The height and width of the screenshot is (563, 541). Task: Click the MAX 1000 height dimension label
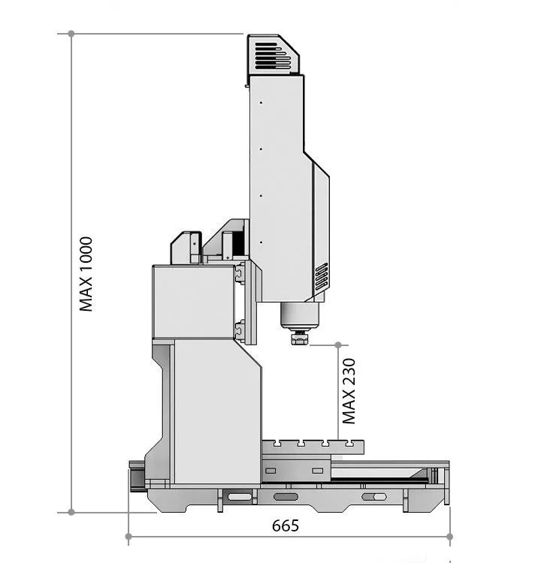86,273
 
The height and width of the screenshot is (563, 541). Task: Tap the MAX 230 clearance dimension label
349,391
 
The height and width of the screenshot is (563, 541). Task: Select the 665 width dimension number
286,525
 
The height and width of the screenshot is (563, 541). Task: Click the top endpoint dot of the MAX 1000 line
71,34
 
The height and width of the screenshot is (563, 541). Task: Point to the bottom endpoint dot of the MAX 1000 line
71,512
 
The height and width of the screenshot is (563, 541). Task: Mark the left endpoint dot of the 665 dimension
128,537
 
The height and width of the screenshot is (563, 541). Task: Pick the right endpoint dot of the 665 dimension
449,537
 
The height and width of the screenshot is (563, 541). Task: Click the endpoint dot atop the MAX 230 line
338,345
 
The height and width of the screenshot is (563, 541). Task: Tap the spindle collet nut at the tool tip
299,338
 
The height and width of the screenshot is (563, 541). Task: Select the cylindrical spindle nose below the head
300,315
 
